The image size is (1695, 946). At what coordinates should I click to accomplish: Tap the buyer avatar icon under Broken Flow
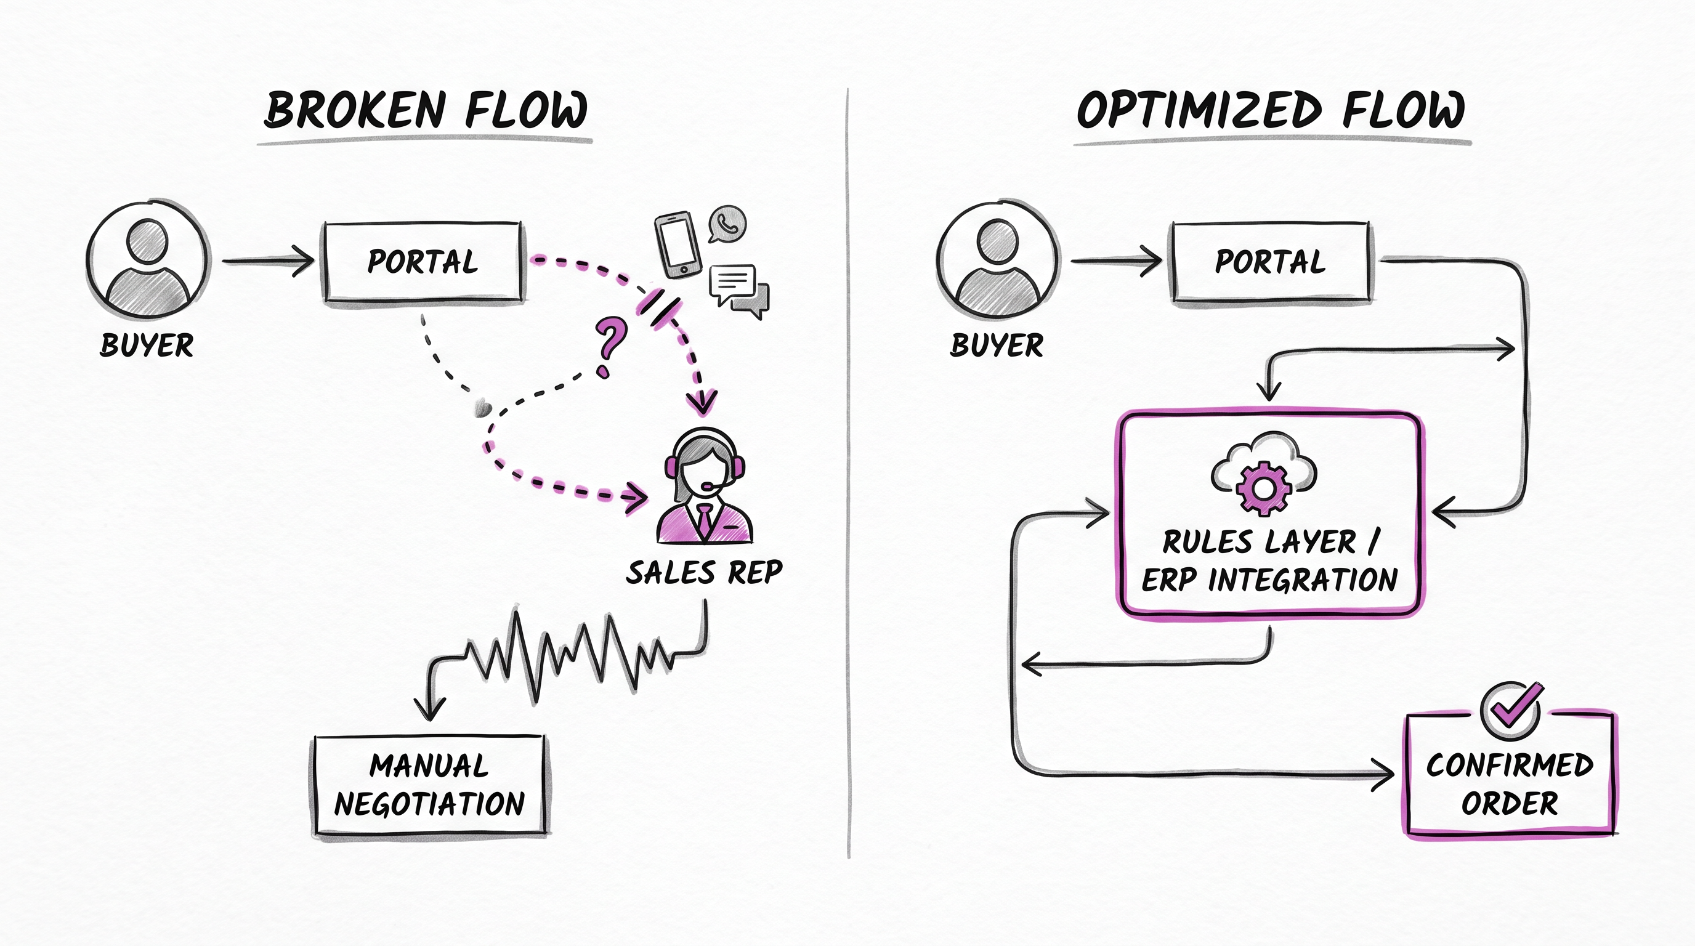[x=148, y=261]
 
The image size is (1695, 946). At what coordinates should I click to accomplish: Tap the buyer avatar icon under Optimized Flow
[x=999, y=261]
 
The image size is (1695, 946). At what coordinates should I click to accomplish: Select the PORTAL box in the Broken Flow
[x=423, y=262]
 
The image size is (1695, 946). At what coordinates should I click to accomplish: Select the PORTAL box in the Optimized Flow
[x=1271, y=262]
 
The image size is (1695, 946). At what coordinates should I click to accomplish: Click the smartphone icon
[x=675, y=245]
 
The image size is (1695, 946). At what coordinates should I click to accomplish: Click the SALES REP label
[x=704, y=572]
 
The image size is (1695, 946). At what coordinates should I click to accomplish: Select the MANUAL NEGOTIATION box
[x=430, y=785]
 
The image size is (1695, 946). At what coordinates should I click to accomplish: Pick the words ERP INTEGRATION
[x=1270, y=580]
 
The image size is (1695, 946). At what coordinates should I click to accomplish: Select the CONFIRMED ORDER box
[x=1510, y=775]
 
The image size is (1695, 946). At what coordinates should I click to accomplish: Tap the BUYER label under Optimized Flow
[x=997, y=345]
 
